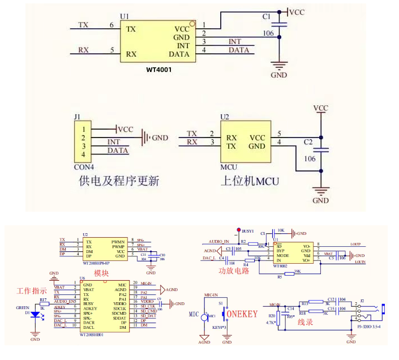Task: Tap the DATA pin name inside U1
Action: point(179,54)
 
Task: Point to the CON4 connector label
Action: point(84,167)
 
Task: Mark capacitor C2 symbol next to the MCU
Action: point(321,150)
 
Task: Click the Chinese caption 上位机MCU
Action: point(248,181)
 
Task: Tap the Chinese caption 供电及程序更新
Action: point(118,181)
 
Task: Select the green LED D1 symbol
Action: point(35,315)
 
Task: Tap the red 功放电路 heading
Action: point(234,271)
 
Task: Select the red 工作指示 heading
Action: point(32,291)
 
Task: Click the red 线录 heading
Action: point(305,323)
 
